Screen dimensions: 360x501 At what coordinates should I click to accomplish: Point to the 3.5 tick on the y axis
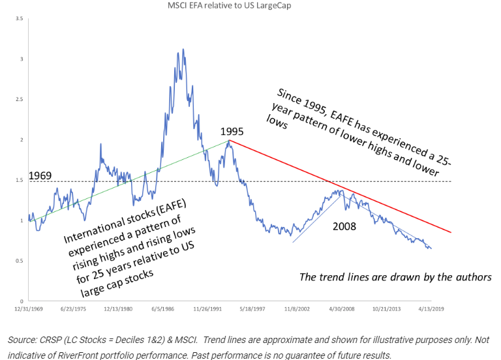[20, 19]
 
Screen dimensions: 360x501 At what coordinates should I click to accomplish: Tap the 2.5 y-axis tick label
[20, 100]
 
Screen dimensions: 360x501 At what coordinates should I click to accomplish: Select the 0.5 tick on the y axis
[20, 261]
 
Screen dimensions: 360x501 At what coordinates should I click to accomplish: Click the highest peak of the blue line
[183, 50]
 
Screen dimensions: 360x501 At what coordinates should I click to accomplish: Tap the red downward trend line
[339, 186]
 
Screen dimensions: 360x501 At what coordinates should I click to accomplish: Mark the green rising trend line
[130, 180]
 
